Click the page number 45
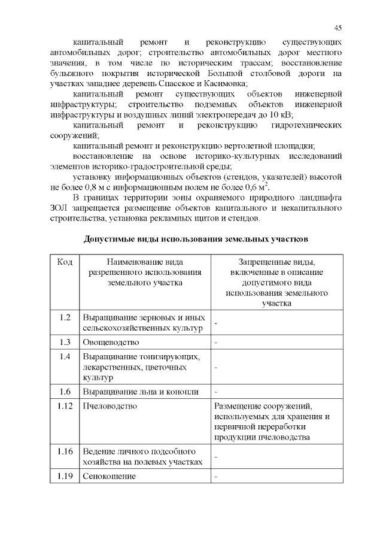[x=338, y=28]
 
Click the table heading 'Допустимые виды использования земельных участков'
[x=196, y=239]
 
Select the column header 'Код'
[x=65, y=262]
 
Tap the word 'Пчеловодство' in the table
[x=110, y=406]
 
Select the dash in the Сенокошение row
[x=216, y=477]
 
